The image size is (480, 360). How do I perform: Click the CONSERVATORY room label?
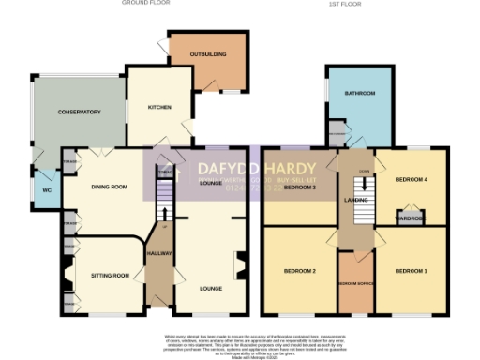78,112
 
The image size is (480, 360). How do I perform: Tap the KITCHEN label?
159,107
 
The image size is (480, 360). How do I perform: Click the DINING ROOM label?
108,187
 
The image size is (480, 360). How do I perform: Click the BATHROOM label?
359,94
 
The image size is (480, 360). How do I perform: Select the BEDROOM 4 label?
410,179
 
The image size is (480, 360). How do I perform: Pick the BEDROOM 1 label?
410,271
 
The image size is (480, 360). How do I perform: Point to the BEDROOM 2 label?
299,271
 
